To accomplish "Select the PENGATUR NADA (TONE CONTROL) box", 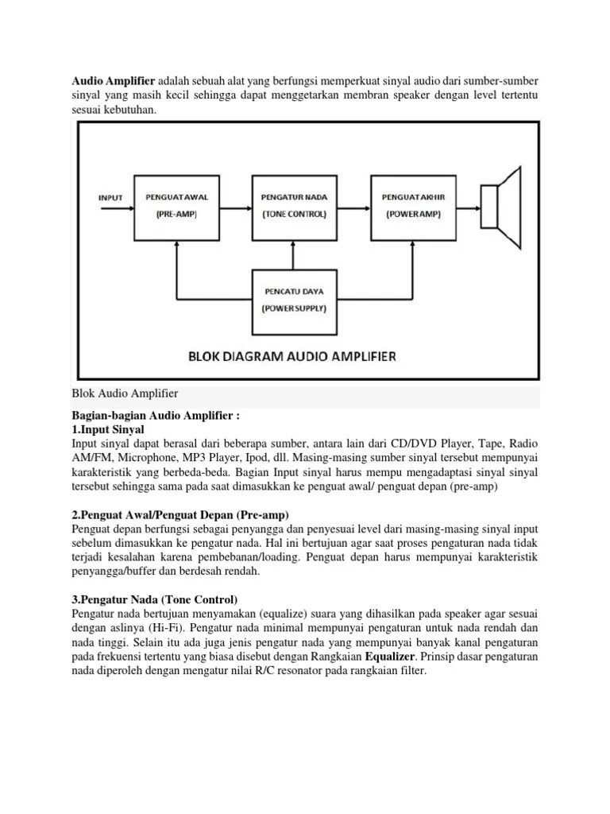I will pos(294,206).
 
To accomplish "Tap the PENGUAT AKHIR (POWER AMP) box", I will pos(411,206).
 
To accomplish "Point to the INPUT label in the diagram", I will pos(110,196).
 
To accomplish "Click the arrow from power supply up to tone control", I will pos(294,254).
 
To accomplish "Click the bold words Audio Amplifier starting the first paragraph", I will pos(114,81).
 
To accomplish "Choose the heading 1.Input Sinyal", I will pos(107,429).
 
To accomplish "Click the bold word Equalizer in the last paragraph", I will pos(392,657).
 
